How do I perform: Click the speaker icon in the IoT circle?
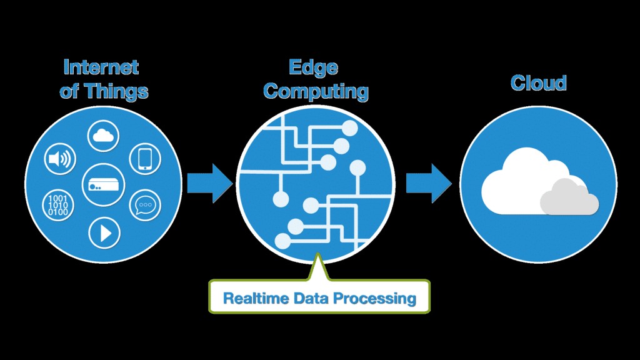60,159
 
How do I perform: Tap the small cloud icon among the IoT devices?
103,135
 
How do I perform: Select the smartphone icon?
145,158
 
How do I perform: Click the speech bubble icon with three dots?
145,204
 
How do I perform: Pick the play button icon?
104,232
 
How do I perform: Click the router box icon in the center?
102,182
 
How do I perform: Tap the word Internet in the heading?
101,67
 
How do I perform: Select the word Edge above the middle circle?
314,67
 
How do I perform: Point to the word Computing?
316,91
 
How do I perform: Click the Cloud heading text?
538,82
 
